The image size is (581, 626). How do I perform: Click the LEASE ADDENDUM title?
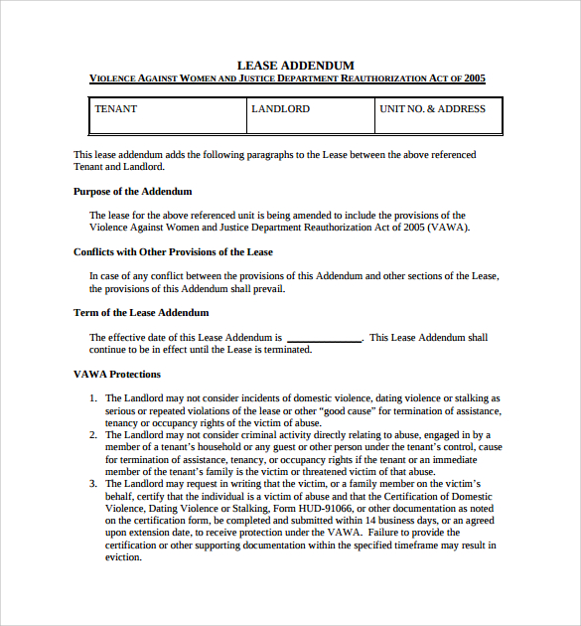(x=295, y=65)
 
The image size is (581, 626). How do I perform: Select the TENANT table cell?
(x=167, y=115)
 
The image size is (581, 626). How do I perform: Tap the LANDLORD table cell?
(x=310, y=115)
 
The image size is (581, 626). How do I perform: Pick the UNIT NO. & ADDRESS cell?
(x=438, y=115)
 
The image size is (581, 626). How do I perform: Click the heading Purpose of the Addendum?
(x=133, y=191)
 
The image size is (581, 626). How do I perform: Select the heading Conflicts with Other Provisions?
(x=173, y=251)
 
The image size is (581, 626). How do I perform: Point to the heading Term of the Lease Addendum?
(x=141, y=312)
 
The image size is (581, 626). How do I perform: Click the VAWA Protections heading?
(x=117, y=374)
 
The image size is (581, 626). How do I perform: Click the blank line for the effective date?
(x=324, y=338)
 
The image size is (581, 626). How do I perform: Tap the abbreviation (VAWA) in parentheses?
(x=448, y=227)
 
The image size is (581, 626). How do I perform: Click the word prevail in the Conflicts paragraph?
(x=267, y=288)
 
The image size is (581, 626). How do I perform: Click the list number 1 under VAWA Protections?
(x=92, y=397)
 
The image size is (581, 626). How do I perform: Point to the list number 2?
(x=92, y=434)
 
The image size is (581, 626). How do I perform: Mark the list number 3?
(x=92, y=483)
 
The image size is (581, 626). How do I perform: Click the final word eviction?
(x=123, y=556)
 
